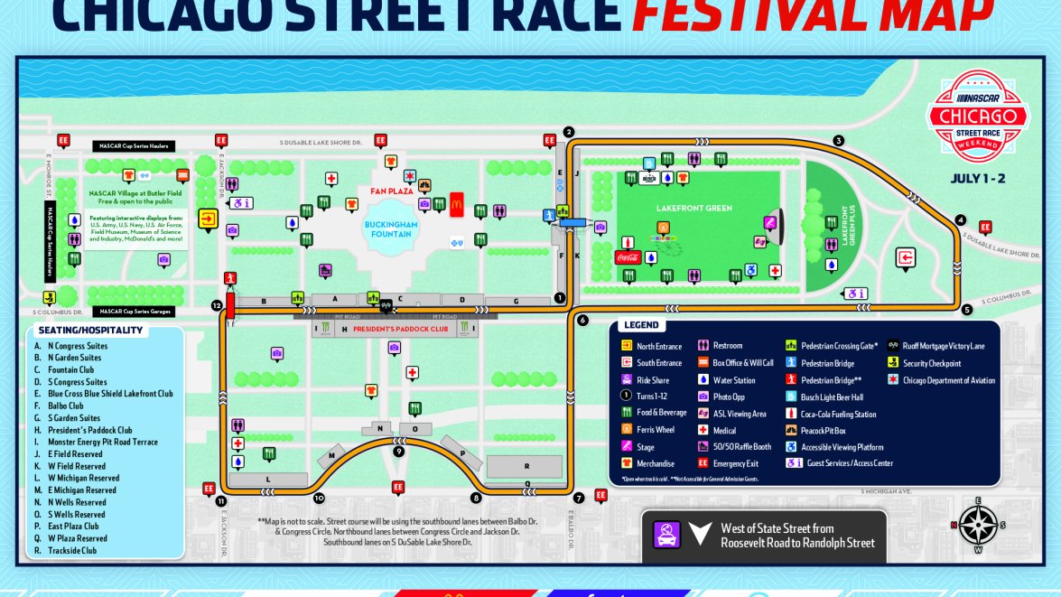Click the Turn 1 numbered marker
[559, 297]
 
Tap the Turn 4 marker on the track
[960, 220]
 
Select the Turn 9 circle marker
[398, 451]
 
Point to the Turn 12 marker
[217, 305]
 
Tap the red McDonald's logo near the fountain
[456, 202]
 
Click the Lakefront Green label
[693, 209]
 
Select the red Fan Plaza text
[391, 191]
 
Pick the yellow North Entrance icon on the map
[208, 218]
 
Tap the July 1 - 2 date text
[977, 179]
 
